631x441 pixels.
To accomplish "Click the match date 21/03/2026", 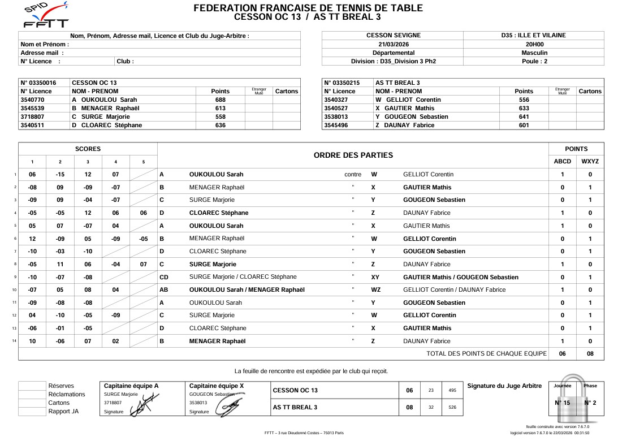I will pos(392,44).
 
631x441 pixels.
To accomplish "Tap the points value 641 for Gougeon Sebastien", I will pos(524,116).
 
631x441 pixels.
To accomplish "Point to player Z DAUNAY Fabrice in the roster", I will pos(405,125).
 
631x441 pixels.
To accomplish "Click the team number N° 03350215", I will pos(342,83).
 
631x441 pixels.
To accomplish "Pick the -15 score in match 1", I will pos(60,174).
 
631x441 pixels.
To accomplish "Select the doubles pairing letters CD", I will pos(164,277).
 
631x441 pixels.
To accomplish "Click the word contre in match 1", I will pos(353,174).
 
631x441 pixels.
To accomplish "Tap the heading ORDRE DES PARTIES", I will pos(353,155).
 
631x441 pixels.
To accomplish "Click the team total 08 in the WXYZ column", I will pos(590,354).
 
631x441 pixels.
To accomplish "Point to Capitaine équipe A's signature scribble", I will pos(142,405).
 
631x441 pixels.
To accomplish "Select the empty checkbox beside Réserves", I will pos(32,386).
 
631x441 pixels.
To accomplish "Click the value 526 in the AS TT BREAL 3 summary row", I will pos(452,407).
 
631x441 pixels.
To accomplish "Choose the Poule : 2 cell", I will pos(534,61).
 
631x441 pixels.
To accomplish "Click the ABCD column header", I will pos(562,161).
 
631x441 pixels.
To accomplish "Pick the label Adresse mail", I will pos(42,53).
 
